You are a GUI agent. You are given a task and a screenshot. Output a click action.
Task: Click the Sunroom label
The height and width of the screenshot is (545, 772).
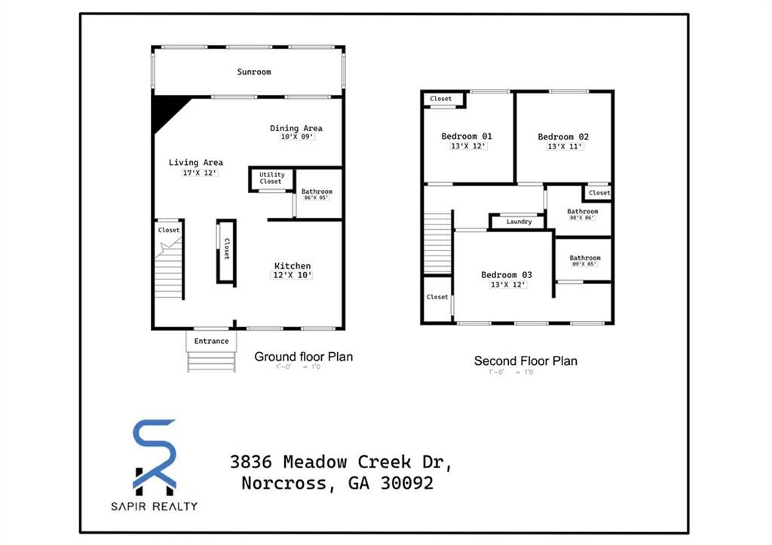click(254, 72)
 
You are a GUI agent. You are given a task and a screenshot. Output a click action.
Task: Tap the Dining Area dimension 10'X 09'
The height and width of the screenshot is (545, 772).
click(296, 137)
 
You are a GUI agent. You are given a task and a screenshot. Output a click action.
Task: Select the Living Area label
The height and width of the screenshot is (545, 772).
click(195, 162)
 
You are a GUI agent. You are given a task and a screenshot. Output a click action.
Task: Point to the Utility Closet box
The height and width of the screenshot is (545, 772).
click(271, 179)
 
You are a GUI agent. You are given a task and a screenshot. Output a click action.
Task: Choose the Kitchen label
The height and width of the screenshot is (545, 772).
click(292, 266)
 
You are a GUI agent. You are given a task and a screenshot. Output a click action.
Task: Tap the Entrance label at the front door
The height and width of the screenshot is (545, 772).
click(211, 341)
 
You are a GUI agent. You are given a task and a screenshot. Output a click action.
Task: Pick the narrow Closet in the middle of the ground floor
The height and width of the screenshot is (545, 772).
click(226, 252)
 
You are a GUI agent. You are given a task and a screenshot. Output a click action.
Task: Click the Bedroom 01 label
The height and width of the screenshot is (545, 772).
click(467, 136)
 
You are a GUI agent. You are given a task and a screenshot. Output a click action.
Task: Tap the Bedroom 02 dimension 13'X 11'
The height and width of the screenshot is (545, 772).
click(565, 146)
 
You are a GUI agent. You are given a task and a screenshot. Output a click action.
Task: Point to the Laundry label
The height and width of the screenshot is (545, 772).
click(519, 222)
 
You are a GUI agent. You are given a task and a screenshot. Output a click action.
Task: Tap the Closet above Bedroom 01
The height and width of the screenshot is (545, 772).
click(441, 99)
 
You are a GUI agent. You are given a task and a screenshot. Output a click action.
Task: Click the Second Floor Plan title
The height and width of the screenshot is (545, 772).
click(525, 361)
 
